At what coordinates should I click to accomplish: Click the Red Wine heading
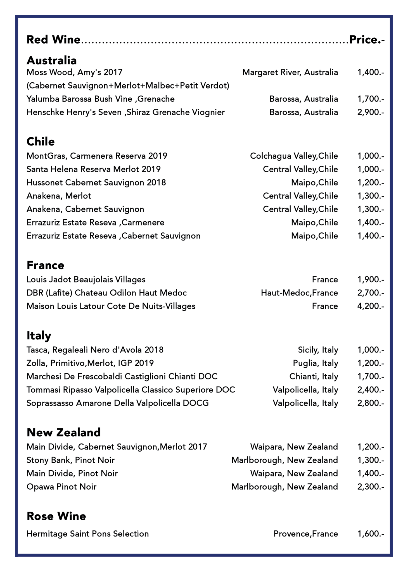pos(53,40)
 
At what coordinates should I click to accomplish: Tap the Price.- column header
pos(367,40)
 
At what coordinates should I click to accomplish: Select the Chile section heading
pos(41,142)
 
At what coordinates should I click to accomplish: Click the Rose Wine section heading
pos(56,516)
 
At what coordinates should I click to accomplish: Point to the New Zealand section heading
pos(63,432)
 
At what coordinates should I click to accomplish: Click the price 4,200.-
pos(371,306)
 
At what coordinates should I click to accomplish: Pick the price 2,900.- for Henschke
pos(371,112)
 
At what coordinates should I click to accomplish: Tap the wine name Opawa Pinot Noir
pos(61,487)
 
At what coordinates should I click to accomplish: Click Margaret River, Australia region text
pos(290,72)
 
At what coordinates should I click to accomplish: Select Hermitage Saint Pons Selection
pos(87,534)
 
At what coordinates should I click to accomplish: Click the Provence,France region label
pos(306,534)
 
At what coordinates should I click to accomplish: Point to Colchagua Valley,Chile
pos(294,156)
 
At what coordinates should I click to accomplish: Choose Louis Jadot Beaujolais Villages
pos(86,279)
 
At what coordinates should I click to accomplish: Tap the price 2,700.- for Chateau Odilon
pos(371,293)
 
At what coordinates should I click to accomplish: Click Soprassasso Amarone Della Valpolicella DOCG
pos(118,403)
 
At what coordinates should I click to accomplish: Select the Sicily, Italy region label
pos(318,350)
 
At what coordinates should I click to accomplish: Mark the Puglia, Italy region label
pos(316,363)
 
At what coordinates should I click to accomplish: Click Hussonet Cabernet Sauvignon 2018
pos(96,182)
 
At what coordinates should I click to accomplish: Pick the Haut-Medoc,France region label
pos(299,293)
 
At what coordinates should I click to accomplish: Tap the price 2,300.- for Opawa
pos(371,487)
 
